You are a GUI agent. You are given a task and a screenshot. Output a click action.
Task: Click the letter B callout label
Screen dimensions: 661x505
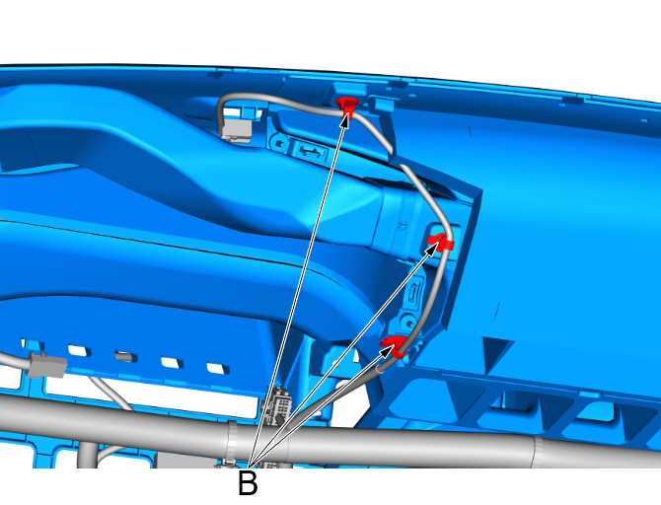tap(248, 483)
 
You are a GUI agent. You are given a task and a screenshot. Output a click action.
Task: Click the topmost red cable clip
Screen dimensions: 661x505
tap(347, 106)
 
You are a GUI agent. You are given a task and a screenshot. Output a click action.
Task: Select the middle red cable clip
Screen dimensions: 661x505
tap(441, 242)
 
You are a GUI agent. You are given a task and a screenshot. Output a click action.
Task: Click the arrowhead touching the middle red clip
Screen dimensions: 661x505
tap(431, 249)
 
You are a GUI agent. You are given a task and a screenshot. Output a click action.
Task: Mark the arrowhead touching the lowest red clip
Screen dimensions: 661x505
tap(387, 349)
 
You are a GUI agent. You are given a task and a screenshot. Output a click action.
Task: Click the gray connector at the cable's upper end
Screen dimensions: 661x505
tap(236, 128)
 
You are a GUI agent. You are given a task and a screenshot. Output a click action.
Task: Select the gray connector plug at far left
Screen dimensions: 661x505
tap(46, 365)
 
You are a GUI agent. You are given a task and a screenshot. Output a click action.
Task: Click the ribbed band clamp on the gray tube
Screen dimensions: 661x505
tap(232, 442)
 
